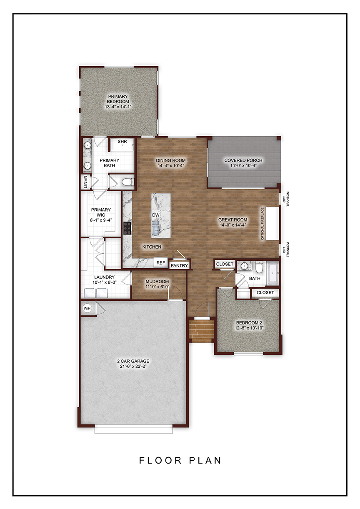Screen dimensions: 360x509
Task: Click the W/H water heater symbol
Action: [87, 308]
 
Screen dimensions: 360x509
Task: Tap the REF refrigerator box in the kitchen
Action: [161, 263]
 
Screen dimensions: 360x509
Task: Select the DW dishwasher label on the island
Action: [156, 215]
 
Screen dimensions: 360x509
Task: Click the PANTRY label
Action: [179, 265]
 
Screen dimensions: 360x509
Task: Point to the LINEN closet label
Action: [85, 182]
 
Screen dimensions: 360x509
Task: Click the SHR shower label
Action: [122, 142]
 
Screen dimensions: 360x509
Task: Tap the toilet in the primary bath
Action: [127, 182]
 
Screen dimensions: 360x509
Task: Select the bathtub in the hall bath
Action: [272, 274]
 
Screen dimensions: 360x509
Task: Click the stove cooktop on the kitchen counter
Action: [127, 228]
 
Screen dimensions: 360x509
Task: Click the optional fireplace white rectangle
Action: [272, 224]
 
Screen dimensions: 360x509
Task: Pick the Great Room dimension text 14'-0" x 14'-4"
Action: [232, 225]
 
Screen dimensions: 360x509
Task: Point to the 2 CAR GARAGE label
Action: [133, 361]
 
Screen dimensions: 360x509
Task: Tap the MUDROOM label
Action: [157, 282]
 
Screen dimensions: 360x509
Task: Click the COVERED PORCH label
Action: [243, 160]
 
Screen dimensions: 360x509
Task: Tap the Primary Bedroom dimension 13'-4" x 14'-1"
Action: [118, 107]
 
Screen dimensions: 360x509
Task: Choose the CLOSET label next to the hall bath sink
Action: [225, 264]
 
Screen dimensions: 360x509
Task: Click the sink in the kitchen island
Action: [156, 230]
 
